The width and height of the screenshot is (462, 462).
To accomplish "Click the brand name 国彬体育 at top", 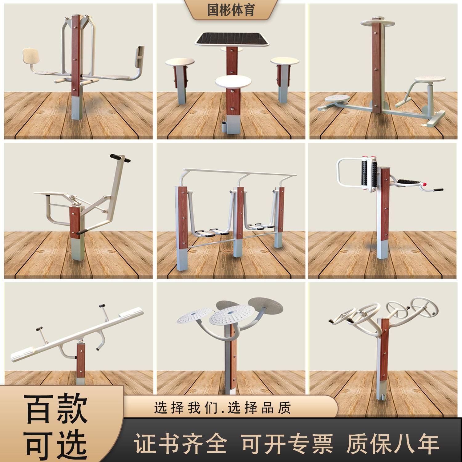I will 231,10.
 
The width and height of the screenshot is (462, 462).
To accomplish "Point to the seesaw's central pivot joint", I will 81,341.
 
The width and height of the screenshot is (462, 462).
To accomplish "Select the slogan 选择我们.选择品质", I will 222,408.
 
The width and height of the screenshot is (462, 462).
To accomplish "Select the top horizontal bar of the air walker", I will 240,172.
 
